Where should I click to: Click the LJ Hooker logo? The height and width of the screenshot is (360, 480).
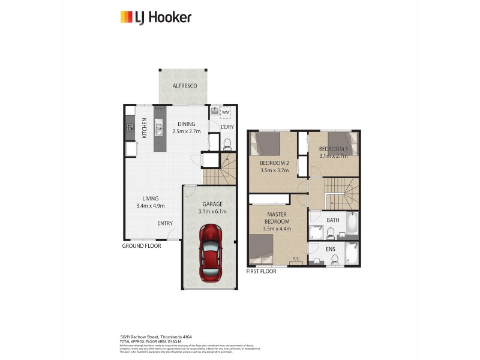pyautogui.click(x=155, y=17)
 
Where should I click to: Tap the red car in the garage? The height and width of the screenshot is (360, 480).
pyautogui.click(x=210, y=252)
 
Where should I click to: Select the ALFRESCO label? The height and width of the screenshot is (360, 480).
pyautogui.click(x=185, y=86)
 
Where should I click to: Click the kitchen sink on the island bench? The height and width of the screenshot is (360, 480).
pyautogui.click(x=159, y=127)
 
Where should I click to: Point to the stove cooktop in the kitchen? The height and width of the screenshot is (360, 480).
pyautogui.click(x=129, y=127)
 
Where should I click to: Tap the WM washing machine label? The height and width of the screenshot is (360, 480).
pyautogui.click(x=226, y=112)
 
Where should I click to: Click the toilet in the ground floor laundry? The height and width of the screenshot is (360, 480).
pyautogui.click(x=226, y=144)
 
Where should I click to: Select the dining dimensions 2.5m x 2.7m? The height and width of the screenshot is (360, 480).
pyautogui.click(x=186, y=131)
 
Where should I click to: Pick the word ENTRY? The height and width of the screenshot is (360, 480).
pyautogui.click(x=165, y=223)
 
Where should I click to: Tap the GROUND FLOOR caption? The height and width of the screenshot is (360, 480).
pyautogui.click(x=142, y=246)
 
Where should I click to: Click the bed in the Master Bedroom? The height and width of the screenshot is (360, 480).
pyautogui.click(x=262, y=248)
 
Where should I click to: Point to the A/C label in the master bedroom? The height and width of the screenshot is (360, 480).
pyautogui.click(x=296, y=259)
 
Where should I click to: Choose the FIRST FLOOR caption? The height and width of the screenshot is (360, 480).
pyautogui.click(x=262, y=272)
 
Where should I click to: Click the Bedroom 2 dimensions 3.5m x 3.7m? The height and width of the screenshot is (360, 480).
pyautogui.click(x=274, y=170)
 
